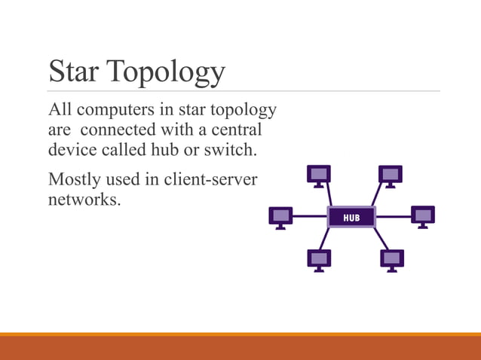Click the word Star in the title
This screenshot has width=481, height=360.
74,72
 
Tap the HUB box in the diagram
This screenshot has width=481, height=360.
351,218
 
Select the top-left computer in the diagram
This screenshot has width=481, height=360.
319,175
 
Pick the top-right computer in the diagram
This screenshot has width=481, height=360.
391,175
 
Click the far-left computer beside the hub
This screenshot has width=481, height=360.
280,217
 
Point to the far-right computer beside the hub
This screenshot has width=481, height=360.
423,217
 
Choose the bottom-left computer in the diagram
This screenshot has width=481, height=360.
319,260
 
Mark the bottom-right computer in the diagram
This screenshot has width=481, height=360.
392,260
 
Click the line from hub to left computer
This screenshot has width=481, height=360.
309,217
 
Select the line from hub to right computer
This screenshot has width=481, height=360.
393,217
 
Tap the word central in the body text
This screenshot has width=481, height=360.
238,130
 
